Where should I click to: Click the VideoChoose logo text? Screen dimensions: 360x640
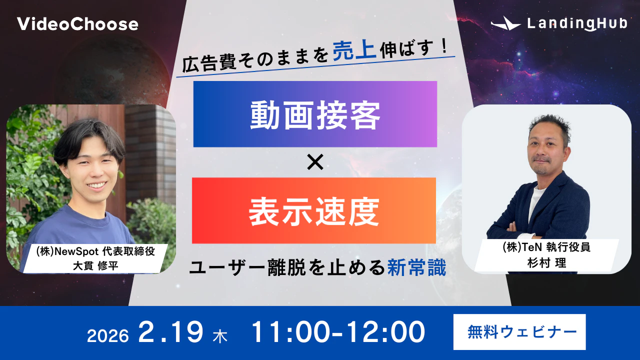coord(77,24)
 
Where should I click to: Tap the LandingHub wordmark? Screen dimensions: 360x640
coord(577,23)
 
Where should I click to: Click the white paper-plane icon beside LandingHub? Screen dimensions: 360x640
coord(505,23)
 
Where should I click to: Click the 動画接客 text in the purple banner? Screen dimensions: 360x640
coord(315,114)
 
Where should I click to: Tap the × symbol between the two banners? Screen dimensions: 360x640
coord(315,162)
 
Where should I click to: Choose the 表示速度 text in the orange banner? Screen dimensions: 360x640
coord(314,210)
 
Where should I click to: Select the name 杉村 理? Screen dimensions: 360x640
coord(547,262)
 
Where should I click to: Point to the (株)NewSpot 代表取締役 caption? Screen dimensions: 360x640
coord(95,251)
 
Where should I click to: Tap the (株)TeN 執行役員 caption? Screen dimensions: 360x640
coord(546,247)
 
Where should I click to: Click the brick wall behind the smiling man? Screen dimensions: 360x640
coord(150,145)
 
